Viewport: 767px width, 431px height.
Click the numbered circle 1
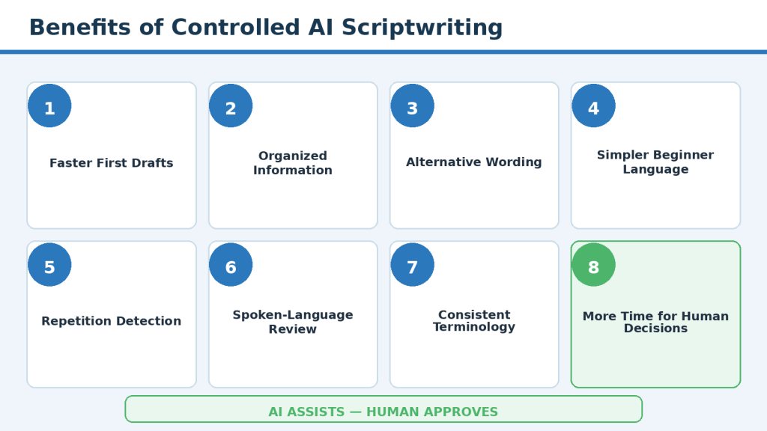[x=49, y=106]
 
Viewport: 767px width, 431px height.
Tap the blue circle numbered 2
[x=231, y=106]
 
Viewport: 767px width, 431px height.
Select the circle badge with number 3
[x=413, y=106]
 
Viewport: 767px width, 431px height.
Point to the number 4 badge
[x=593, y=106]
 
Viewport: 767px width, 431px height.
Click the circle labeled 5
[x=49, y=264]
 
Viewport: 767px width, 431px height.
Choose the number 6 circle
[x=231, y=264]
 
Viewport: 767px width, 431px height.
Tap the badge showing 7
[x=413, y=264]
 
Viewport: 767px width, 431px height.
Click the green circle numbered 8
[x=593, y=264]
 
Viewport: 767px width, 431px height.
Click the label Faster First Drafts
[x=112, y=162]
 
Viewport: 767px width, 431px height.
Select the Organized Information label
[x=293, y=162]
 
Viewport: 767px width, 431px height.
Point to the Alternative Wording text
[x=474, y=162]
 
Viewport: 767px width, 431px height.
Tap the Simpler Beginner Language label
[x=655, y=162]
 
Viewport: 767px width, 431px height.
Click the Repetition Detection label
[x=112, y=321]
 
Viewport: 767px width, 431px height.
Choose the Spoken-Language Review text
[x=293, y=322]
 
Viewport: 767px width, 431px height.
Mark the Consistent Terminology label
[x=474, y=320]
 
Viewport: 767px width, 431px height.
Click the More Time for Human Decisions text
[x=655, y=322]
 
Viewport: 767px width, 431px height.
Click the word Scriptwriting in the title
[x=422, y=28]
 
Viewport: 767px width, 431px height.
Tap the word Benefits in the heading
[x=79, y=28]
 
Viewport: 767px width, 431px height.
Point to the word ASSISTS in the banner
[x=315, y=412]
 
